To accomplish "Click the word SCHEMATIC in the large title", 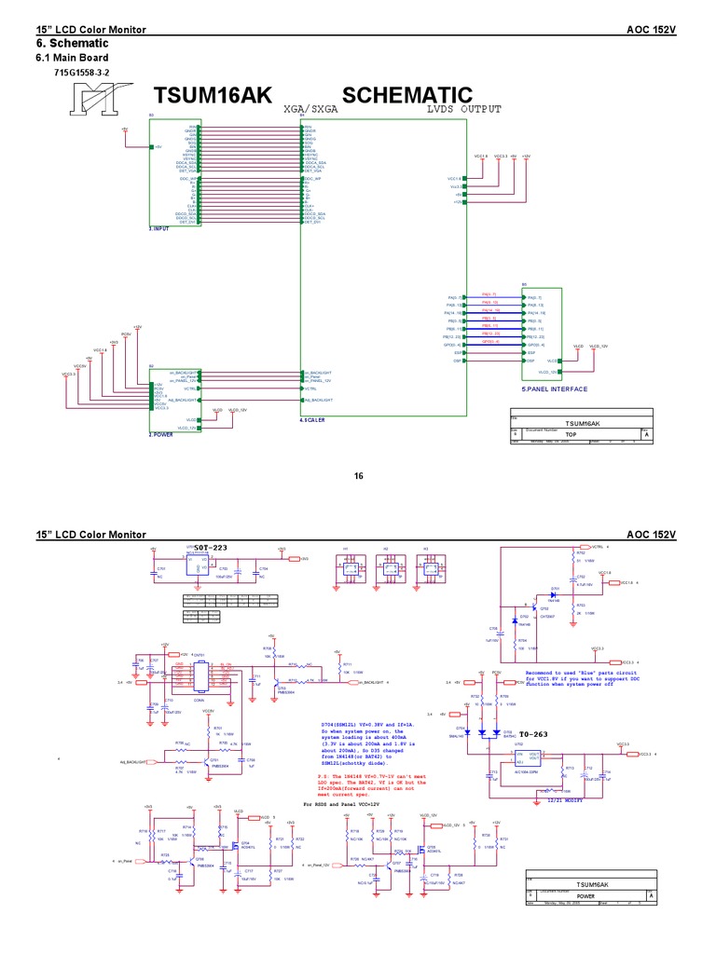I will (x=407, y=95).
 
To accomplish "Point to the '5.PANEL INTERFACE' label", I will (x=555, y=388).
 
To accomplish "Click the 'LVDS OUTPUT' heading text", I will (x=463, y=109).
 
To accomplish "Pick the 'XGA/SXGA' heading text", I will (x=310, y=109).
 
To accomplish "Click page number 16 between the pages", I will (x=358, y=476).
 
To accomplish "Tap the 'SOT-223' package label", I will (x=212, y=547).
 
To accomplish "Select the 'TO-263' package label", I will (x=532, y=734).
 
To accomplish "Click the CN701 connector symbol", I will (x=200, y=677).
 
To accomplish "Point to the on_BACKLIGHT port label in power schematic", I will (x=372, y=683).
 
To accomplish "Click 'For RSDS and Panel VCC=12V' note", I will (x=342, y=803).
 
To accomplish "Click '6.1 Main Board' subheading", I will (x=72, y=58).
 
